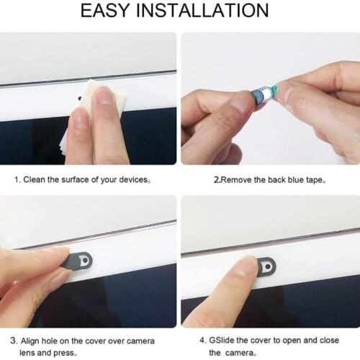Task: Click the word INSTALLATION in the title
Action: tap(209, 11)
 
